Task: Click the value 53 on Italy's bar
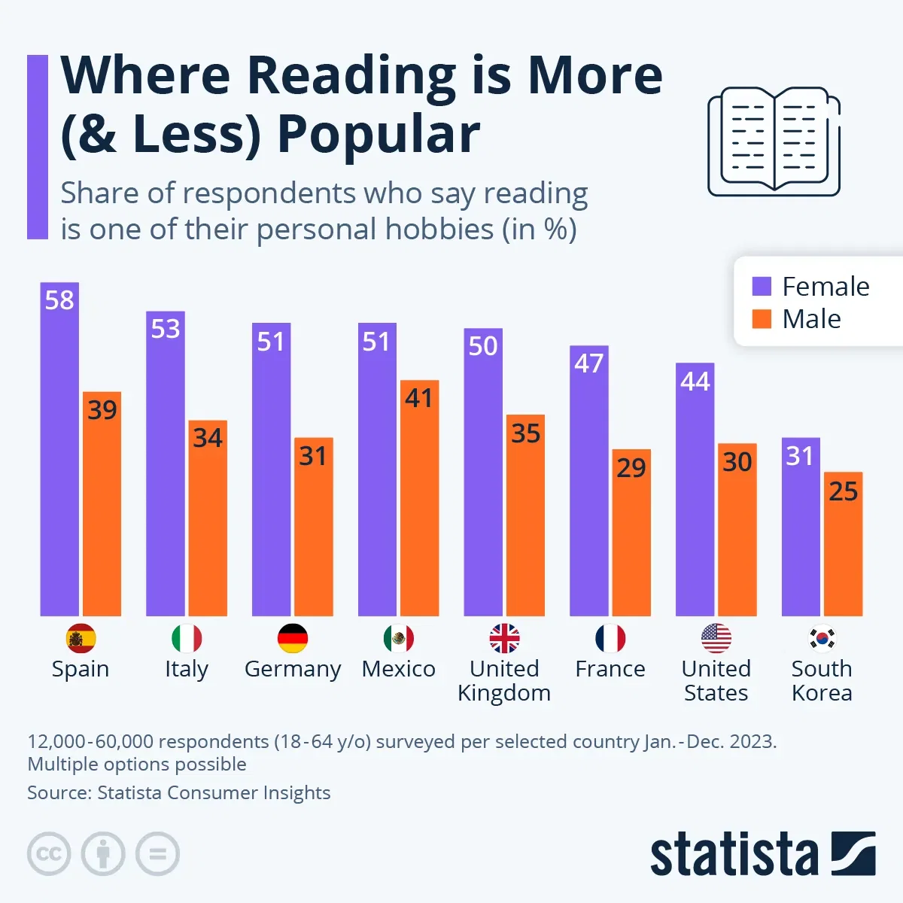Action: (x=166, y=329)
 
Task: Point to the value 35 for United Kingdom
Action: (x=525, y=433)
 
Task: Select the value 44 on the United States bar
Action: (x=695, y=382)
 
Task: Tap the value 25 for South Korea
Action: (x=843, y=491)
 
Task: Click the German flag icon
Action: (x=293, y=639)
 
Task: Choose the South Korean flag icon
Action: (x=822, y=639)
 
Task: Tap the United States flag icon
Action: (x=716, y=639)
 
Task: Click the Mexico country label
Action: (x=398, y=669)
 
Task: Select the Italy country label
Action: (x=186, y=669)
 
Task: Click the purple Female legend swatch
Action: (x=762, y=287)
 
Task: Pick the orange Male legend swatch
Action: (x=762, y=319)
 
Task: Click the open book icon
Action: (x=774, y=141)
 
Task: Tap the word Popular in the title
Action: (x=378, y=135)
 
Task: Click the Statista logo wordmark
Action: (x=734, y=855)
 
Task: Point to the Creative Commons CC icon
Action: (x=49, y=854)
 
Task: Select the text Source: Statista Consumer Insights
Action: (x=179, y=792)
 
